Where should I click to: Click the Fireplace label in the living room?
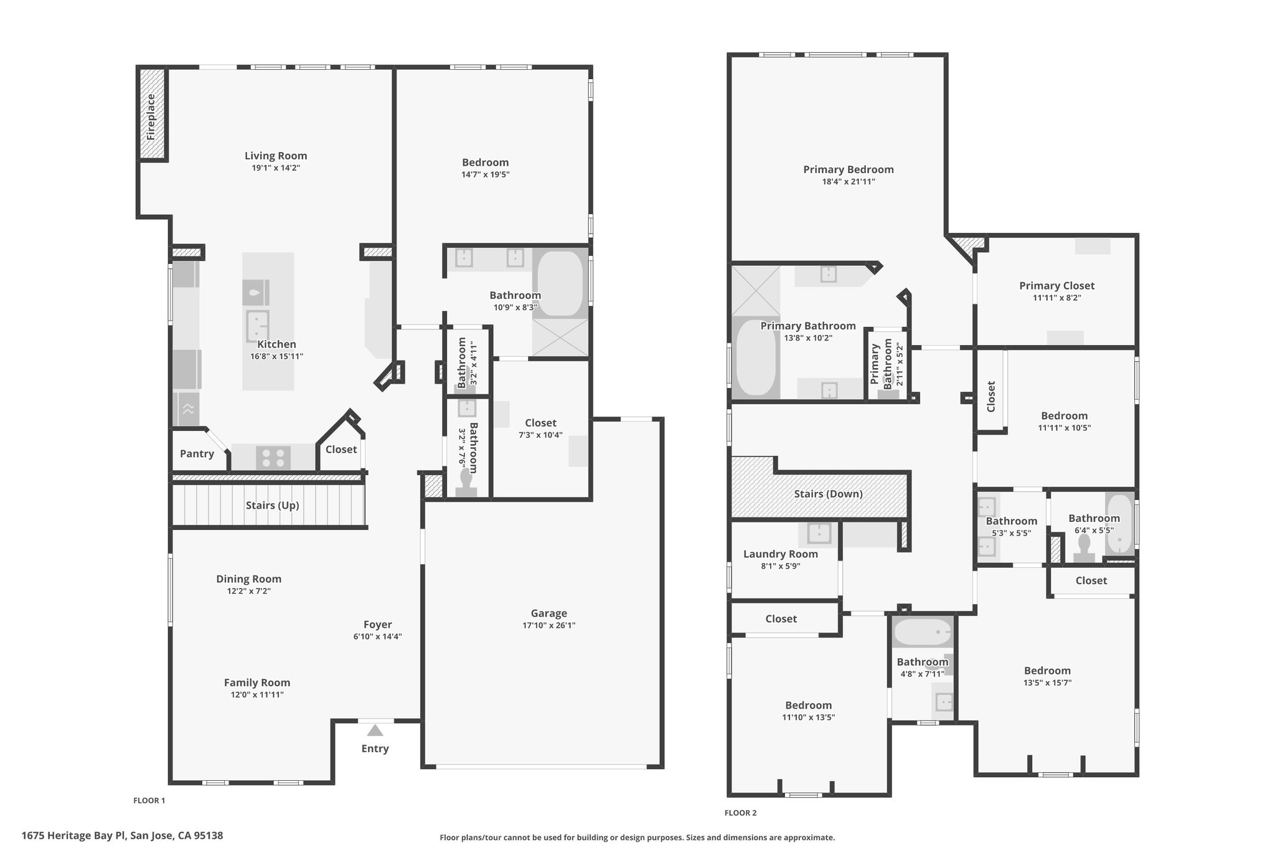click(x=151, y=116)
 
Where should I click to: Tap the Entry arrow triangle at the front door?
click(x=375, y=730)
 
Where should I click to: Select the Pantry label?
click(x=197, y=453)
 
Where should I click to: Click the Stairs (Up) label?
click(x=272, y=505)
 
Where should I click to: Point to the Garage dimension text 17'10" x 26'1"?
click(x=548, y=625)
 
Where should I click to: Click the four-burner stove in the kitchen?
click(x=273, y=458)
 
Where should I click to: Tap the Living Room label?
click(x=276, y=156)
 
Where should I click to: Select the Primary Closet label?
click(x=1056, y=286)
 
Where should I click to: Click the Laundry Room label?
click(x=781, y=554)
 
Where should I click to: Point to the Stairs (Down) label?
click(x=828, y=494)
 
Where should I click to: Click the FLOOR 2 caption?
click(x=740, y=813)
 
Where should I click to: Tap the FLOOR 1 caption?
click(x=149, y=800)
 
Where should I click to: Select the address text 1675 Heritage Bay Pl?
click(x=74, y=836)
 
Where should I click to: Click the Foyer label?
click(x=378, y=625)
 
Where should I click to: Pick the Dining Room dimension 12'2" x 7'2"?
click(x=248, y=591)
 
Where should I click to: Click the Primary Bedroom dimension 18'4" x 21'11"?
click(x=848, y=182)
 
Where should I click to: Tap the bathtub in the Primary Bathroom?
click(x=755, y=357)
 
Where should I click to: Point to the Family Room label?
click(x=257, y=682)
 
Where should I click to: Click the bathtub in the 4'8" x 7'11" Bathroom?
click(x=923, y=633)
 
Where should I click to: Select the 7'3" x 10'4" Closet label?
click(x=540, y=423)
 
